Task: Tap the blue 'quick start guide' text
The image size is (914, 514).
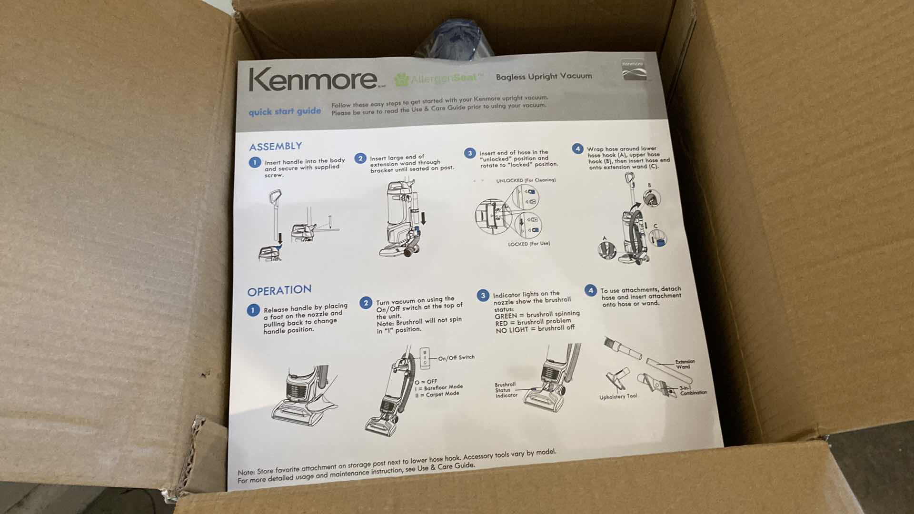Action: [x=285, y=112]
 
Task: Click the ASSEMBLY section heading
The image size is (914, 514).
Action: [x=275, y=146]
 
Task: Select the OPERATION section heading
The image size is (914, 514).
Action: [x=279, y=290]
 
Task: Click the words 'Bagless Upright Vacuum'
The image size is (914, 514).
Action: [x=544, y=76]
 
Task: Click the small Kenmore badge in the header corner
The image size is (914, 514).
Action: [x=634, y=69]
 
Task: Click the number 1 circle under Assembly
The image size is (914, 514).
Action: [x=255, y=162]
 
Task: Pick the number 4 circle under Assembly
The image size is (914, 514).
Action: [x=577, y=148]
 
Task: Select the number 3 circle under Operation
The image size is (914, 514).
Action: [x=483, y=296]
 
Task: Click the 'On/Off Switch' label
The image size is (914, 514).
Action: [x=456, y=357]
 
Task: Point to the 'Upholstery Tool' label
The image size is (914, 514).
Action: [x=618, y=397]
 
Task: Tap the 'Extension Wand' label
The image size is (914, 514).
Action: [x=685, y=364]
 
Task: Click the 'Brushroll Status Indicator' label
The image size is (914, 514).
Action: [x=506, y=390]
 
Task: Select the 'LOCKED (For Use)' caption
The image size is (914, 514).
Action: [x=528, y=244]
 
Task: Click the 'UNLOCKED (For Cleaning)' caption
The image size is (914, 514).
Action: [x=526, y=180]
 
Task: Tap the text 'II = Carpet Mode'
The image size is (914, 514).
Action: [x=437, y=394]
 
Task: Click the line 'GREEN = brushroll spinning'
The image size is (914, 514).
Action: [x=537, y=315]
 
